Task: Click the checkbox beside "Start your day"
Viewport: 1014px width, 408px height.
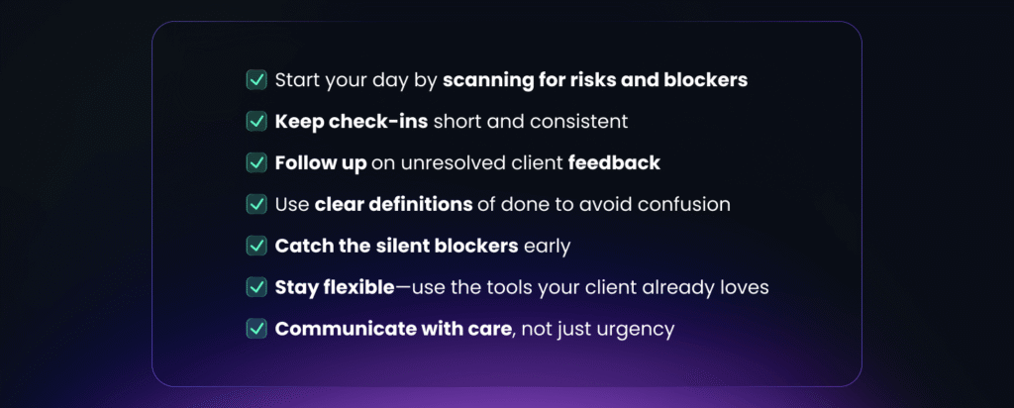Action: click(256, 79)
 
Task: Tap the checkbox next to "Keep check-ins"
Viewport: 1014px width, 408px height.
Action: click(256, 121)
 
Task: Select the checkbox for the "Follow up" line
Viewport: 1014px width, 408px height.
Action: click(256, 162)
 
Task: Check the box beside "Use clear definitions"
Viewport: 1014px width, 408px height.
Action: click(256, 204)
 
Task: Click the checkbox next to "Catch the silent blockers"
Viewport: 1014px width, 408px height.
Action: click(256, 246)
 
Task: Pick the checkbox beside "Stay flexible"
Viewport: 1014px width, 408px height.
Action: click(256, 287)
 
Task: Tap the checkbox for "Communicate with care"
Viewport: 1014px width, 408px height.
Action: click(256, 329)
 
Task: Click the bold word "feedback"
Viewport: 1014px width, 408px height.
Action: click(614, 163)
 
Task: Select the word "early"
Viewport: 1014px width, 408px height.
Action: click(547, 247)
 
